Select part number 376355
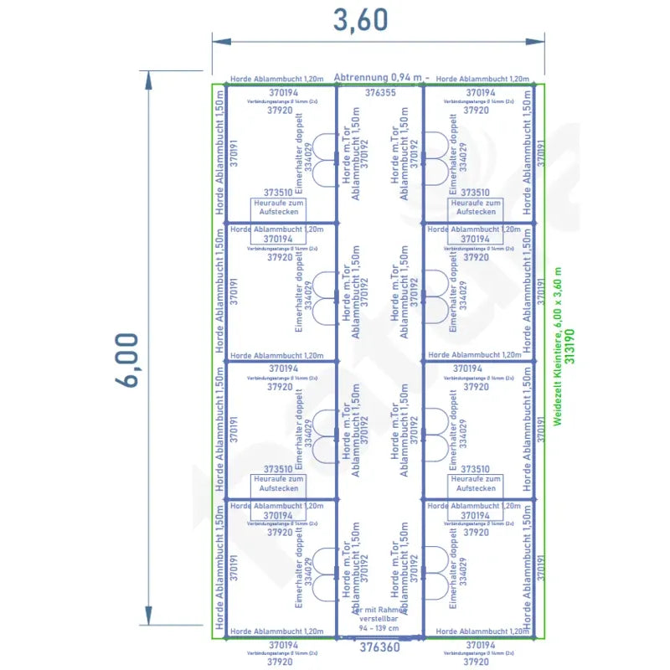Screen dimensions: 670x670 click(381, 93)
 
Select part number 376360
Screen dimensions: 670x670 click(379, 647)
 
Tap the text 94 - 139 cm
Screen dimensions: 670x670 click(379, 628)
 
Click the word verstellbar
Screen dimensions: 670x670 click(379, 619)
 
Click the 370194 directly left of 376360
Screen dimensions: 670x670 click(282, 645)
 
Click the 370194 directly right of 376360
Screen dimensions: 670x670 click(481, 645)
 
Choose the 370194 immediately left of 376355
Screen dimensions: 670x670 click(283, 92)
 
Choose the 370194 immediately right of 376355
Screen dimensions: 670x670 click(481, 92)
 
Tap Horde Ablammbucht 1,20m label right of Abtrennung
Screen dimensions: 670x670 click(483, 79)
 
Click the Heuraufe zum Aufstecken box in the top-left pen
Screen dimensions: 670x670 click(279, 207)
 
